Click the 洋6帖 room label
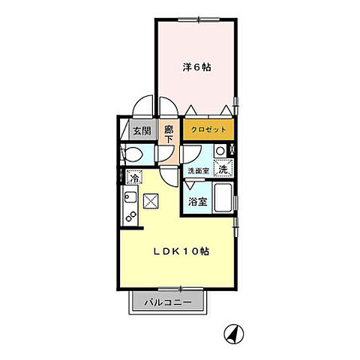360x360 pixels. coord(197,67)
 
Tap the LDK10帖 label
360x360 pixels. coord(181,250)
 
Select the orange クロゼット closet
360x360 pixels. coord(208,129)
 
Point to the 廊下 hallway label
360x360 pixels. coord(169,133)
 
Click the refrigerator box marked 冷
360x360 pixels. coord(134,178)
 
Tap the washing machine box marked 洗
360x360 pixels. coord(223,169)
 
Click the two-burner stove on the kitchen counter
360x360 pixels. coord(130,218)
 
